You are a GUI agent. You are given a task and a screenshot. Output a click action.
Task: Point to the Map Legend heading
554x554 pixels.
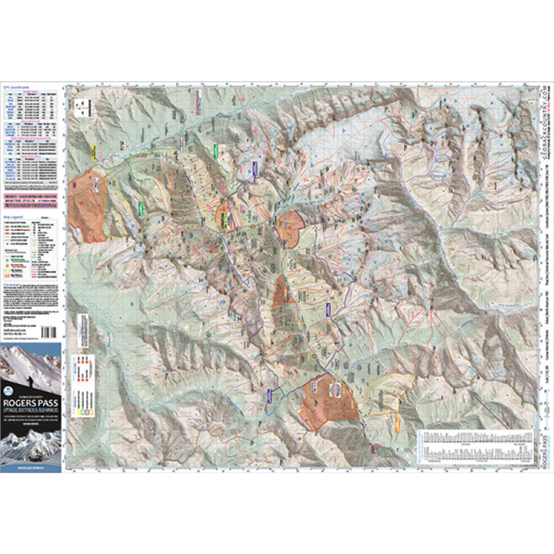[x=15, y=219]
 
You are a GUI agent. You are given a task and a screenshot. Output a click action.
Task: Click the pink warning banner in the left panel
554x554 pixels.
[x=31, y=199]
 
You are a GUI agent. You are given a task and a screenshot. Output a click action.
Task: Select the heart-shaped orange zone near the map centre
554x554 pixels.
[x=291, y=228]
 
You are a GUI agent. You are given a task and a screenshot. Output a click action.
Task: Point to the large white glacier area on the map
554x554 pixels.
[x=339, y=154]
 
